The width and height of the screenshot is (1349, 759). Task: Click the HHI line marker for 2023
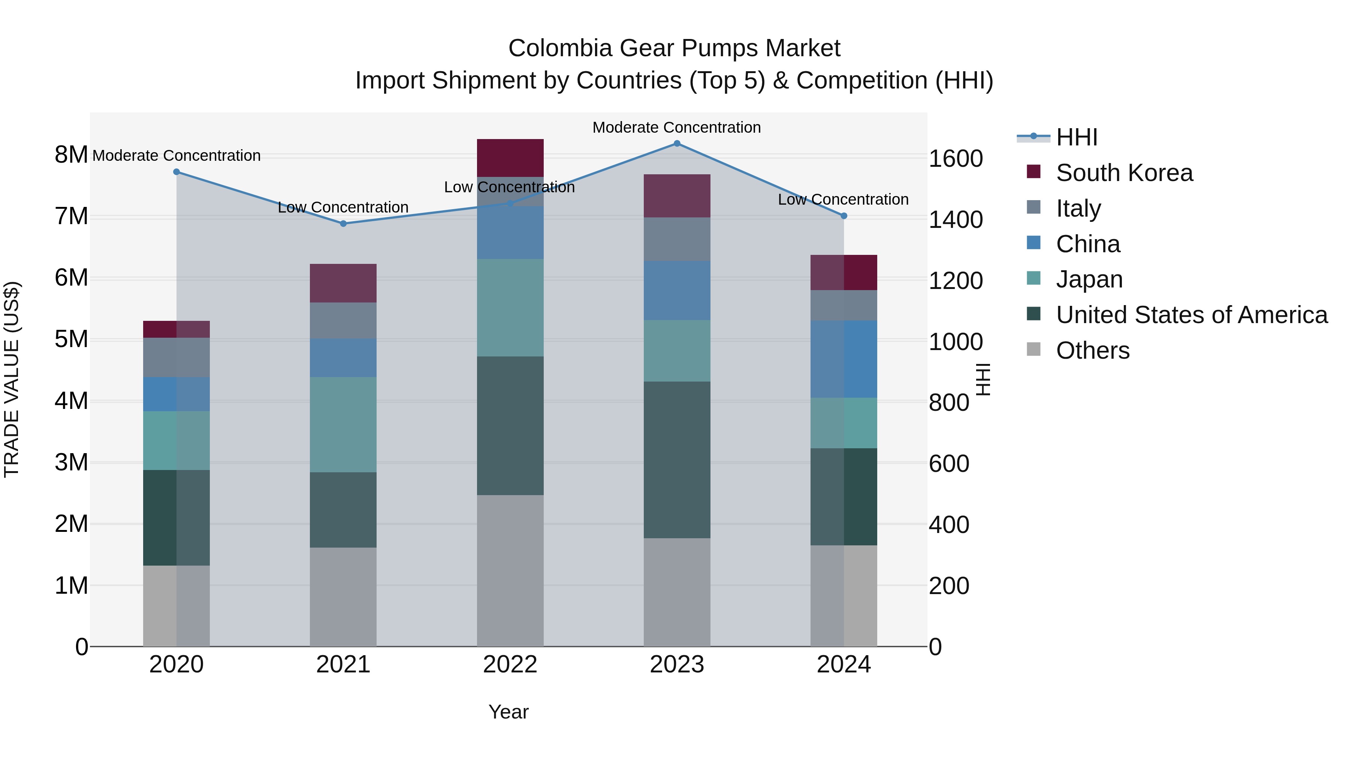coord(677,144)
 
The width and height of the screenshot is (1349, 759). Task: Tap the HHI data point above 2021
coord(343,224)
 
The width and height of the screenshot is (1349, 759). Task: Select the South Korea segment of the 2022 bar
coord(510,158)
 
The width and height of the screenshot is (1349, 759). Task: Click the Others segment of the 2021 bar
coord(343,597)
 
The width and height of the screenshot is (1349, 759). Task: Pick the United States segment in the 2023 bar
coord(677,460)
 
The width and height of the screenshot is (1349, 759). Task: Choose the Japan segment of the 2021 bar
coord(343,424)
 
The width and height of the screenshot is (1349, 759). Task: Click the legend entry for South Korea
coord(1124,173)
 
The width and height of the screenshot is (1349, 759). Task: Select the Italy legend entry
coord(1078,208)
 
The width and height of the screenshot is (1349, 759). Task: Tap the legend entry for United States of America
coord(1191,315)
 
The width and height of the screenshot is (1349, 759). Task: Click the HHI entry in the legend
coord(1076,137)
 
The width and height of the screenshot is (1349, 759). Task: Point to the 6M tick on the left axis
coord(71,278)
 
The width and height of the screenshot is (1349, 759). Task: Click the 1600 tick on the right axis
coord(955,159)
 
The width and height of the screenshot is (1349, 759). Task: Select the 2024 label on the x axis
coord(843,665)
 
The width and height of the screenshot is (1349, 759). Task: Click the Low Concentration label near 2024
coord(843,199)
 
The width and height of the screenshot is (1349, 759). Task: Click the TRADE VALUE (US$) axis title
coord(12,379)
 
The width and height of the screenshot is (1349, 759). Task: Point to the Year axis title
coord(508,712)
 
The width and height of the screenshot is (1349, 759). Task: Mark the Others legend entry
coord(1092,350)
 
